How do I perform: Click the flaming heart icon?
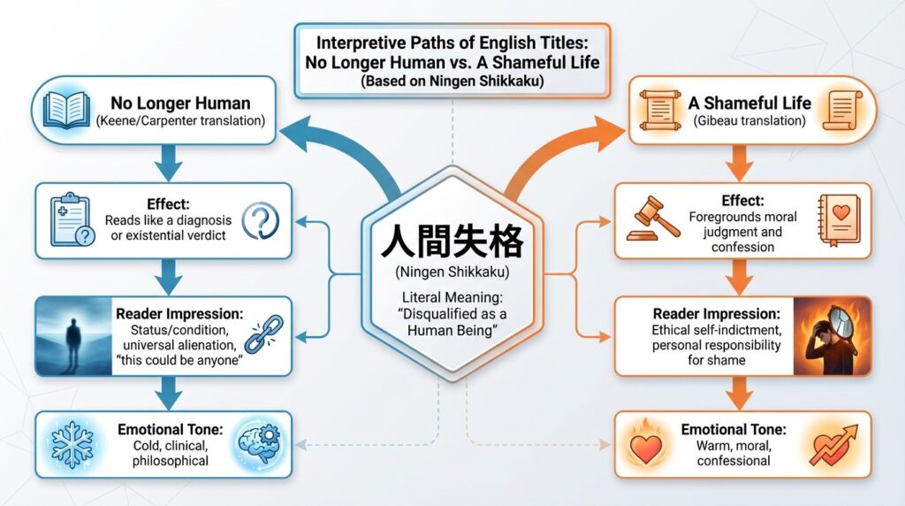pos(652,444)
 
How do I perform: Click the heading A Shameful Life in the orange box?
pos(749,103)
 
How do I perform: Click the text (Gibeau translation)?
pos(749,120)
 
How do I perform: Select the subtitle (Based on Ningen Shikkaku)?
pos(452,80)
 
